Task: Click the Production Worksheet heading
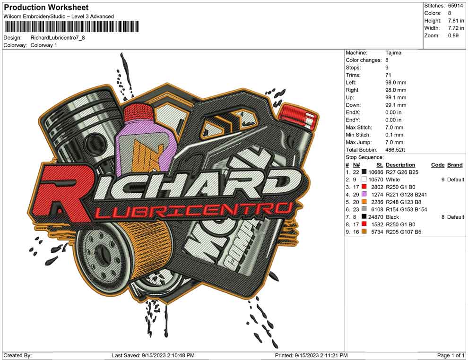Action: pos(46,8)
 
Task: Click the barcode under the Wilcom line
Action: pos(71,26)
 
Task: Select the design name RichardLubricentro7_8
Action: pos(58,38)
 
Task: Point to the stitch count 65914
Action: pos(455,6)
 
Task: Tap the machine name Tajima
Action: pos(393,53)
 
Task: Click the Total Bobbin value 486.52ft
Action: pos(395,150)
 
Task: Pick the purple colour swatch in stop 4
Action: pos(364,194)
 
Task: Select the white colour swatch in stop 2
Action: pos(364,179)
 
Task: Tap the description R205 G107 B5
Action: pos(404,232)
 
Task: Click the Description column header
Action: pos(400,165)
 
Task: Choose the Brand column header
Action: pos(455,165)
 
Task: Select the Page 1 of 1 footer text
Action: pos(451,355)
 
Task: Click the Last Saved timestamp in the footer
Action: pos(154,355)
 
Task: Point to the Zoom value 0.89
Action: pos(453,35)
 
